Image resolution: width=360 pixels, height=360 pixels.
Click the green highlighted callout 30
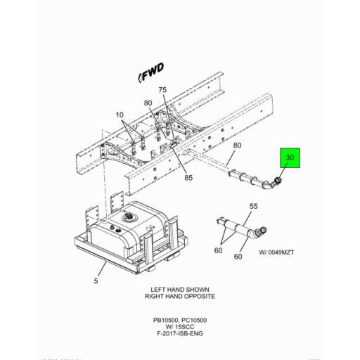[290, 158]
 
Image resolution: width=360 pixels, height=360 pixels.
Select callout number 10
[119, 115]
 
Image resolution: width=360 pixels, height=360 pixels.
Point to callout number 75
[162, 90]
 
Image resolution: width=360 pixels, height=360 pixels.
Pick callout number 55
[253, 207]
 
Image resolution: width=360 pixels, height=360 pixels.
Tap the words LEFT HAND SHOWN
[179, 290]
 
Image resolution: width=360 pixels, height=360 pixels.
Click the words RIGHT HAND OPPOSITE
[179, 297]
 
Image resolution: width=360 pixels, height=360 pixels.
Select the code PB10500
[165, 320]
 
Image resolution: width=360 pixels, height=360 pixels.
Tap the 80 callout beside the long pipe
[237, 146]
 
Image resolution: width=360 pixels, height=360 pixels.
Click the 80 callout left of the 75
[148, 103]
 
